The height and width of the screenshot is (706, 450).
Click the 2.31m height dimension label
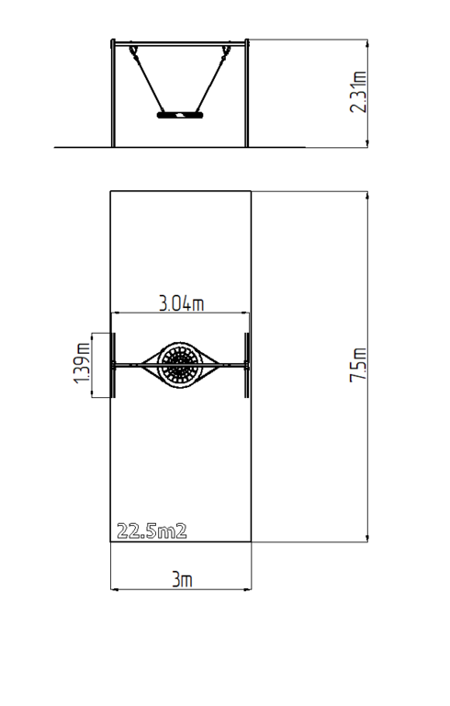pos(358,92)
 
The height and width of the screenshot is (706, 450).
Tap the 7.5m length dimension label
pos(358,365)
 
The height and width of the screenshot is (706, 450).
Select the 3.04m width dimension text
pos(181,303)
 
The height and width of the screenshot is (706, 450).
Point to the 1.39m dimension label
pos(82,363)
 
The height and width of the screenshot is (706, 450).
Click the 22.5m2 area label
pos(152,531)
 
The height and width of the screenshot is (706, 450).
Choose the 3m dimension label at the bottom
pos(182,579)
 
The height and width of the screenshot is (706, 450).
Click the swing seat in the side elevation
pos(180,115)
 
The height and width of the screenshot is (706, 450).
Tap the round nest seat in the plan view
pos(180,365)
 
